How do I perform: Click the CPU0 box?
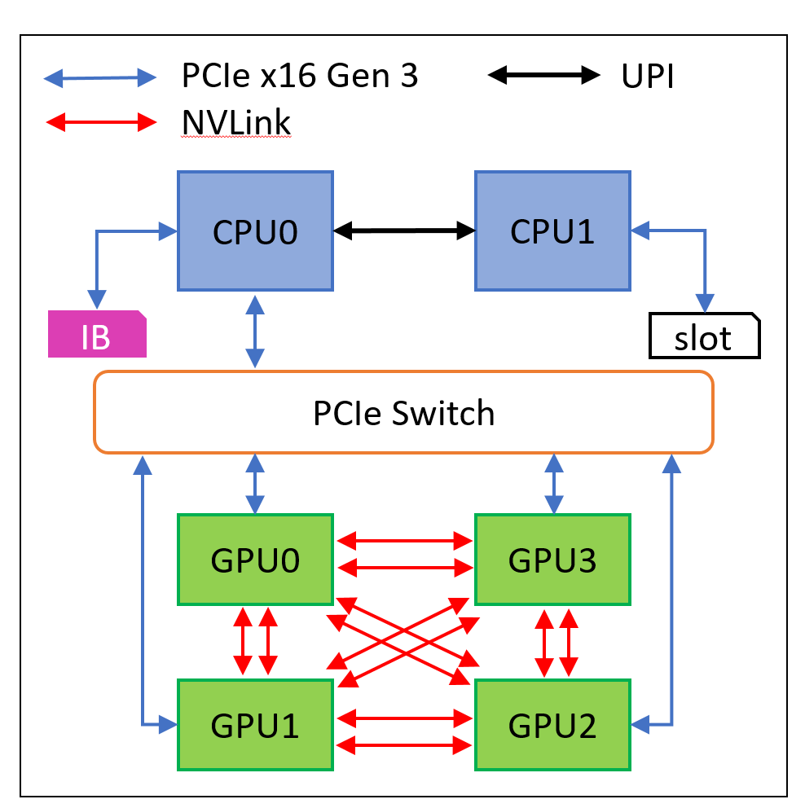pos(255,231)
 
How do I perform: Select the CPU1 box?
pos(552,231)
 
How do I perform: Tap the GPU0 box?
pos(255,560)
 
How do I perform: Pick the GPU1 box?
pos(255,724)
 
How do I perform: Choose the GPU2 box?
pos(552,724)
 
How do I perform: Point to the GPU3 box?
pos(552,560)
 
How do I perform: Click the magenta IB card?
pos(96,335)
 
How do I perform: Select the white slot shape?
pos(704,336)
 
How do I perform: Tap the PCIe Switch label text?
pos(403,413)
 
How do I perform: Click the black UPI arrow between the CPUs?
pos(404,231)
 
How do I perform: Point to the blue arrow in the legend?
pos(99,78)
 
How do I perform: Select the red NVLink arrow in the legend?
pos(99,123)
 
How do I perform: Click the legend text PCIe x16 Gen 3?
pos(300,77)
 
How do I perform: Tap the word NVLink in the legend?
pos(236,123)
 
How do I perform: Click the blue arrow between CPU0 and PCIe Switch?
pos(256,332)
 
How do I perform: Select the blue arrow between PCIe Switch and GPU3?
pos(555,483)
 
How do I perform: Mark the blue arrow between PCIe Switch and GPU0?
pos(256,483)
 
